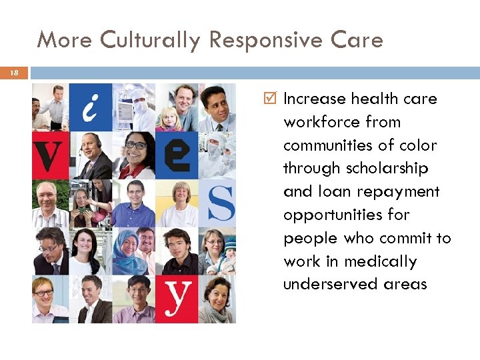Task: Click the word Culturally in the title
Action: [x=151, y=41]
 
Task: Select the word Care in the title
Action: [x=359, y=41]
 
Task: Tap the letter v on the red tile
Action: [x=49, y=155]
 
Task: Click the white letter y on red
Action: [x=177, y=299]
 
